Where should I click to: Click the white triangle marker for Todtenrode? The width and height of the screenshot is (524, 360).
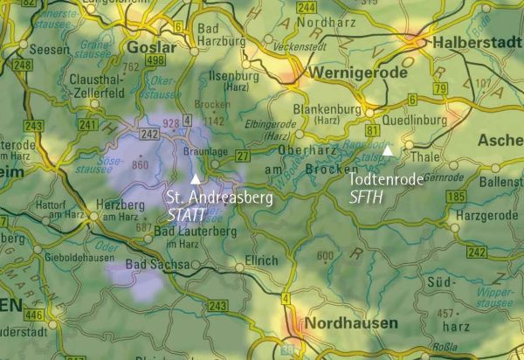tap(386, 150)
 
